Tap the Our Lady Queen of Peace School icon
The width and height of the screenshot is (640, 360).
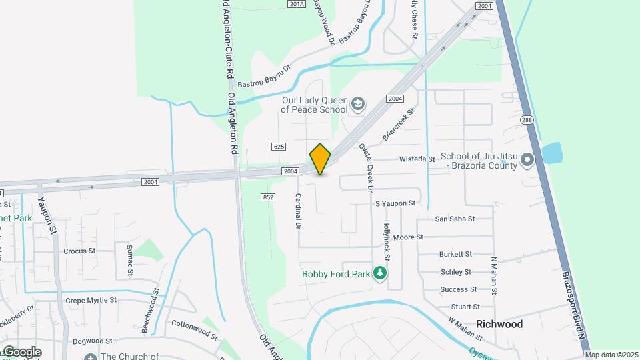click(x=359, y=103)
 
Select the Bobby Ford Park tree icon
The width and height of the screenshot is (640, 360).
click(x=380, y=273)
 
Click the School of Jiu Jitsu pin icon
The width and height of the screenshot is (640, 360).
click(x=527, y=160)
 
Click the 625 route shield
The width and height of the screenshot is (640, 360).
click(x=279, y=146)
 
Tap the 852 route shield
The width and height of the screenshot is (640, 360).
click(x=268, y=197)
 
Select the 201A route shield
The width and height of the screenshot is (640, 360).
click(x=297, y=4)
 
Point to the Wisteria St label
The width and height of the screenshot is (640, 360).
click(x=417, y=160)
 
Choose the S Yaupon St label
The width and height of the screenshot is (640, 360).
click(x=395, y=203)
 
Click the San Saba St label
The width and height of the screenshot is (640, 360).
click(x=455, y=219)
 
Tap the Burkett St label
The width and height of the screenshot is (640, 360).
click(x=455, y=254)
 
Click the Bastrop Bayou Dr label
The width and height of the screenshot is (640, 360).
click(x=265, y=77)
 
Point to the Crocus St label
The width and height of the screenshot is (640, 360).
click(x=79, y=251)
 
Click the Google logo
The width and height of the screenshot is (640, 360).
click(x=21, y=352)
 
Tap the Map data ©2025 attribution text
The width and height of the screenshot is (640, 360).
click(x=611, y=355)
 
